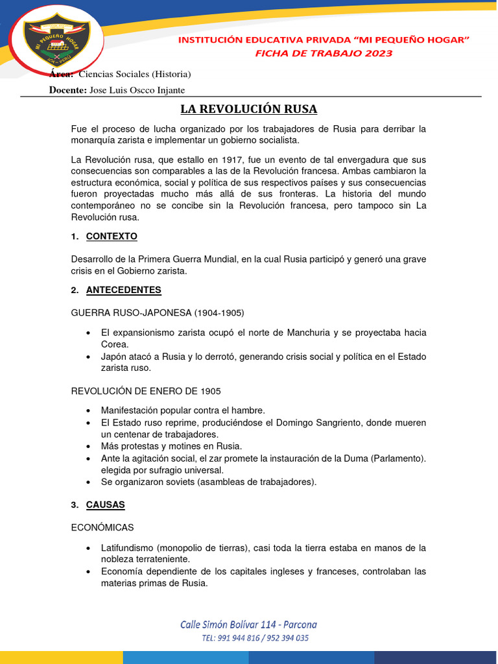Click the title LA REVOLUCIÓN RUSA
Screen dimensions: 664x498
pyautogui.click(x=248, y=108)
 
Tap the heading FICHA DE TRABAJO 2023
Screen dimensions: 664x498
pyautogui.click(x=324, y=53)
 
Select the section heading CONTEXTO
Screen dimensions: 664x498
pyautogui.click(x=112, y=236)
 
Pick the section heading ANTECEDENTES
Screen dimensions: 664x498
pyautogui.click(x=123, y=289)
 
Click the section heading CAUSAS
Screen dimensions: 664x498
pyautogui.click(x=106, y=504)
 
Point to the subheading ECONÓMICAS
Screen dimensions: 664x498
pyautogui.click(x=102, y=528)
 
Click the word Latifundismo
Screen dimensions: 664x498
pyautogui.click(x=127, y=548)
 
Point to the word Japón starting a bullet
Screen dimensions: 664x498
pyautogui.click(x=113, y=357)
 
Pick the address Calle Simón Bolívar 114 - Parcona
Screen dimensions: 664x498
pyautogui.click(x=248, y=624)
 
